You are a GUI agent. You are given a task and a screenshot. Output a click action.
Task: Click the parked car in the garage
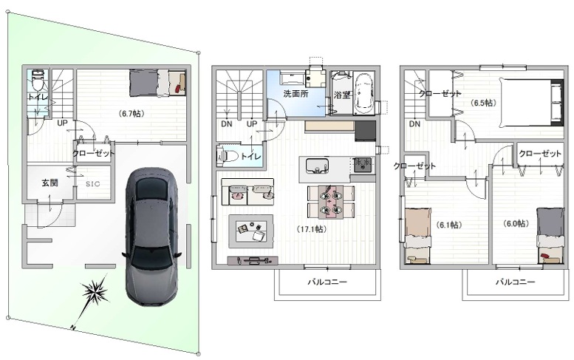tap(151, 237)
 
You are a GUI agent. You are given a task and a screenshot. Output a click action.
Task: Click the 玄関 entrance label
tap(49, 183)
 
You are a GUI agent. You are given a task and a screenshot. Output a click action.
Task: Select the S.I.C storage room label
tap(93, 184)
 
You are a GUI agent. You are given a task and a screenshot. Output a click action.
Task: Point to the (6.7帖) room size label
tap(131, 114)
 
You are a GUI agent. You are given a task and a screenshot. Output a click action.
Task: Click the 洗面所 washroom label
tap(295, 93)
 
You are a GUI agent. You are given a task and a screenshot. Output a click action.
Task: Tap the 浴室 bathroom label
tap(342, 95)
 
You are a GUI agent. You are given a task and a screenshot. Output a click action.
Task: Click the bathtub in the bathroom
tap(364, 94)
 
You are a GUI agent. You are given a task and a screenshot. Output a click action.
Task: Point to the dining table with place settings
tap(330, 201)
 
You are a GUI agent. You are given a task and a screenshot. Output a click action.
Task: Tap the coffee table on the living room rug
tap(250, 231)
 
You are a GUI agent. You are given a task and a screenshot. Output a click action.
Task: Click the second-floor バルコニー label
tap(327, 282)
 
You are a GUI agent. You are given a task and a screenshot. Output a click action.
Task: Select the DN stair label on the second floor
tap(227, 123)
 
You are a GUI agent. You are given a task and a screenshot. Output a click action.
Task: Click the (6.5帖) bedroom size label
tap(483, 103)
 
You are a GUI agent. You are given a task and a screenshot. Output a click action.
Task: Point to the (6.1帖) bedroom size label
tap(449, 225)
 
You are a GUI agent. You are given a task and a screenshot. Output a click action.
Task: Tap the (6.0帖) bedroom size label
tap(516, 223)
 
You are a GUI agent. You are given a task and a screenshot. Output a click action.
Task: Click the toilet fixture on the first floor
tap(38, 81)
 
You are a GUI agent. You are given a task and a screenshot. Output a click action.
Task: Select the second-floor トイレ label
tap(251, 157)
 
